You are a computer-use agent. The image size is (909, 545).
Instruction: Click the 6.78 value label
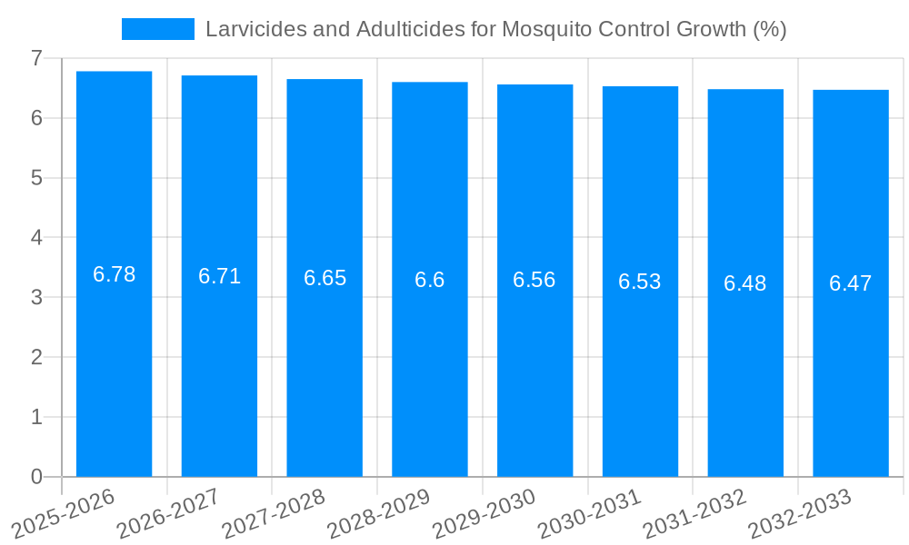[115, 274]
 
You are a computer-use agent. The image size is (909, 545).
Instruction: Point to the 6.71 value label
[220, 276]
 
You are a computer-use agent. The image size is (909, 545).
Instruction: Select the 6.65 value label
[325, 278]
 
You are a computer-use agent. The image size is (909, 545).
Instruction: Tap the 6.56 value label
[534, 280]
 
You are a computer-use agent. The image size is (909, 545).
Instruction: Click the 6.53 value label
[640, 282]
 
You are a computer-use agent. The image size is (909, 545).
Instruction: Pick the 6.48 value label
[745, 283]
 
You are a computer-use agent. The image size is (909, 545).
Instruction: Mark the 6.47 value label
[851, 283]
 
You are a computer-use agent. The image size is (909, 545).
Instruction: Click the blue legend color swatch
[157, 29]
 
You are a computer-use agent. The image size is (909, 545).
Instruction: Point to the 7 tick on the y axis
[36, 58]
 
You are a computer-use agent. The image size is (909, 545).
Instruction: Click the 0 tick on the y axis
[36, 477]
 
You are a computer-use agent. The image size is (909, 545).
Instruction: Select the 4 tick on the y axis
[36, 238]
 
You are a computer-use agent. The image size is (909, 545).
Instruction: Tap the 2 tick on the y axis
[36, 357]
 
